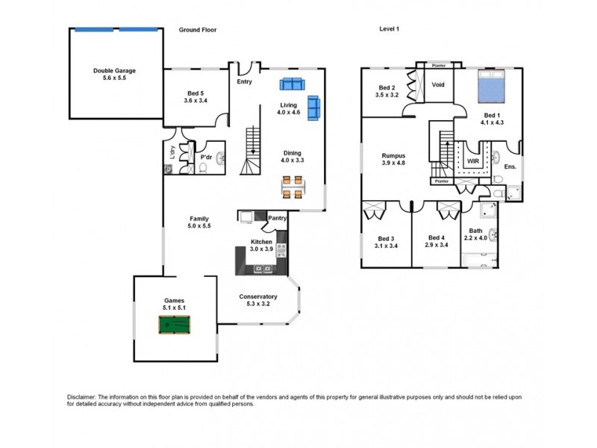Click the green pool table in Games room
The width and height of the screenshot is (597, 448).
coord(174,326)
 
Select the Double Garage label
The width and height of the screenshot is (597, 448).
coord(115,74)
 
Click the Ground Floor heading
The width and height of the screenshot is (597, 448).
coord(198,30)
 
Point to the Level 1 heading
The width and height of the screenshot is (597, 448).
coord(390,30)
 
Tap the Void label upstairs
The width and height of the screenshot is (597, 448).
coord(438,84)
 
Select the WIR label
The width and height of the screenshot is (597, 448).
coord(472,161)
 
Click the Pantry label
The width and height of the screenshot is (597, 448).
coord(278,218)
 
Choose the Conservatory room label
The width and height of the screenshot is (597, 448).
coord(258,299)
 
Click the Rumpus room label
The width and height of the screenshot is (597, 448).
coord(393,159)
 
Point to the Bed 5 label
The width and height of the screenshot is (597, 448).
coord(195,96)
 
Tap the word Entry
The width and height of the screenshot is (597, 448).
coord(244,81)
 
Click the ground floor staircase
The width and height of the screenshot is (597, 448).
coord(254,150)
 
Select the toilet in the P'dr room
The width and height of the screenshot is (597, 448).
coord(204,169)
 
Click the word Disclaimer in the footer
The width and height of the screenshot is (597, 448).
coord(74,396)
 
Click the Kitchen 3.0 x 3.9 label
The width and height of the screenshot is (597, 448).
coord(261,246)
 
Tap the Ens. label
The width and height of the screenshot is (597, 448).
coord(510,167)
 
